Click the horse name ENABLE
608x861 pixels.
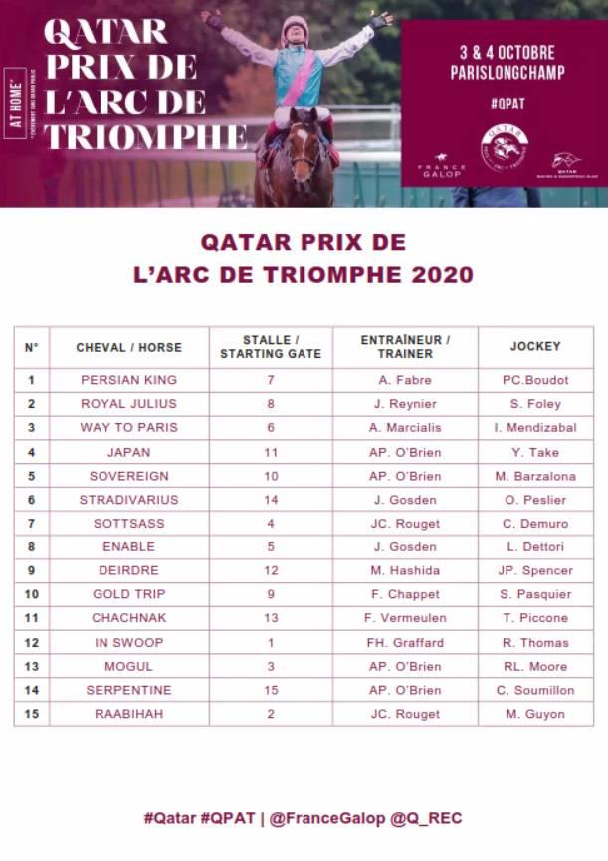pyautogui.click(x=128, y=546)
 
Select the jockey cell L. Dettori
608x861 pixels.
pyautogui.click(x=536, y=546)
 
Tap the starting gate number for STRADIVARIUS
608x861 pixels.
pyautogui.click(x=271, y=499)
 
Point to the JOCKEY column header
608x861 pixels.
pyautogui.click(x=535, y=347)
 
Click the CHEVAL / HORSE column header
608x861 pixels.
pyautogui.click(x=128, y=347)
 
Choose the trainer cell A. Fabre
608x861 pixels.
pyautogui.click(x=405, y=379)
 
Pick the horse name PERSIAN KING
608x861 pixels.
pyautogui.click(x=128, y=379)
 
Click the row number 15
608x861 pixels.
pyautogui.click(x=31, y=714)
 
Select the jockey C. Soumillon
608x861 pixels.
pyautogui.click(x=536, y=690)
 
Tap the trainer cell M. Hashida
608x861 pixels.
pyautogui.click(x=405, y=570)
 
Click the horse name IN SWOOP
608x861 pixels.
pyautogui.click(x=128, y=642)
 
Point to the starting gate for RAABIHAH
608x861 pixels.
pyautogui.click(x=271, y=714)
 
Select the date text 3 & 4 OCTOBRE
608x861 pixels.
pyautogui.click(x=507, y=52)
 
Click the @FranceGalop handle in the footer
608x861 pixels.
pyautogui.click(x=324, y=818)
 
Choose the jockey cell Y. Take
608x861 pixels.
pyautogui.click(x=536, y=451)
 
